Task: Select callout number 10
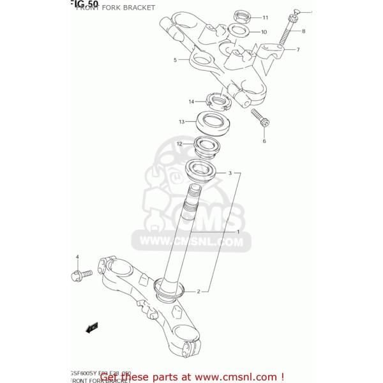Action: [264, 31]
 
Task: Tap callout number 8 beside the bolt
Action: [303, 31]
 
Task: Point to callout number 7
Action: [297, 49]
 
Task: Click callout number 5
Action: [174, 60]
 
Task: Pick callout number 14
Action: [190, 101]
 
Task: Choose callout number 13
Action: [182, 121]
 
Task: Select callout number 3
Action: [239, 172]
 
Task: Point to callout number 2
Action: [199, 292]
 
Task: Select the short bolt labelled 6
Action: [260, 118]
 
